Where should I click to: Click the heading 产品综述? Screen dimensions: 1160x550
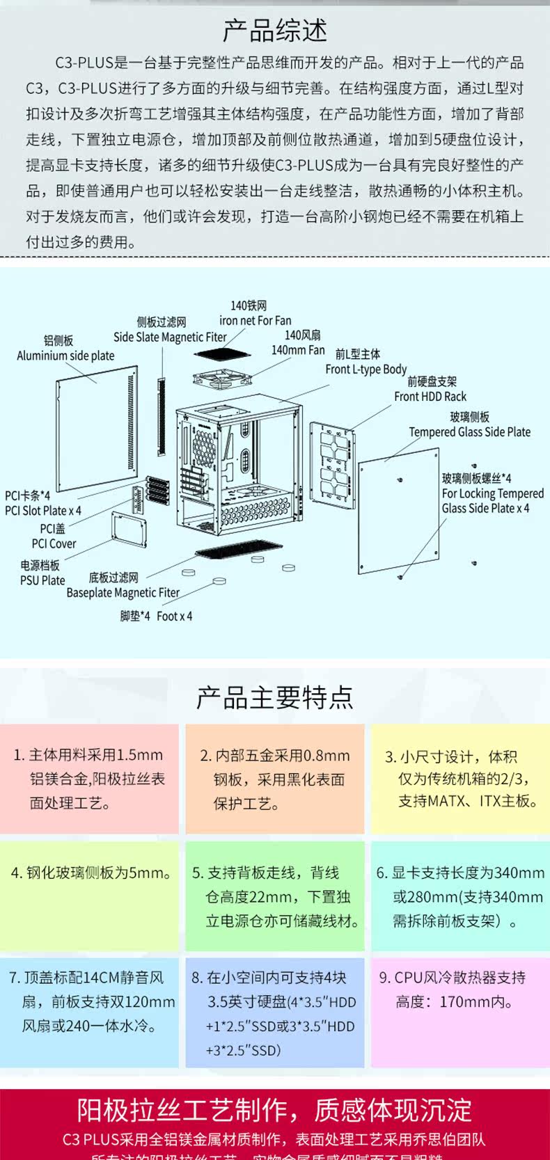coord(275,31)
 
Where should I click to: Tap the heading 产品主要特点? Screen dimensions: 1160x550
coord(275,697)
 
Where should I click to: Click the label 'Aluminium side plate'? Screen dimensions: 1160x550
coord(65,356)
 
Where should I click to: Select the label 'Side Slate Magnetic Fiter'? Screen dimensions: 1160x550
coord(170,337)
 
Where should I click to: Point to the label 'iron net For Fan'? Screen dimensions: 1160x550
coord(255,321)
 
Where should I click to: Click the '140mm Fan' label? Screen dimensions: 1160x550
coord(298,350)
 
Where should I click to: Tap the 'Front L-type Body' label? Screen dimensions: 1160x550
coord(366,370)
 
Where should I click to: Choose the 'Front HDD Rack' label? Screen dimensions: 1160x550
coord(430,397)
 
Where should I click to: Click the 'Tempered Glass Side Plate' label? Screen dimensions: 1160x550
coord(469,432)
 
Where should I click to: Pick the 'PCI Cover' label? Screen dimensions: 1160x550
coord(54,543)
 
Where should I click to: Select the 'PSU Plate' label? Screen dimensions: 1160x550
coord(42,580)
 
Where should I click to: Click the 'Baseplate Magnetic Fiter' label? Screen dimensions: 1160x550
coord(123,593)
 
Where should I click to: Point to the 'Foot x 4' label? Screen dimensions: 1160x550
coord(174,617)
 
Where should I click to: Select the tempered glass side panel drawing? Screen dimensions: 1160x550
coord(400,511)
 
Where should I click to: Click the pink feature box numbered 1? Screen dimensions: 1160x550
coord(89,779)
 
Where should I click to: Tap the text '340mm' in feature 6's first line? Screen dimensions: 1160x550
coord(519,873)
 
